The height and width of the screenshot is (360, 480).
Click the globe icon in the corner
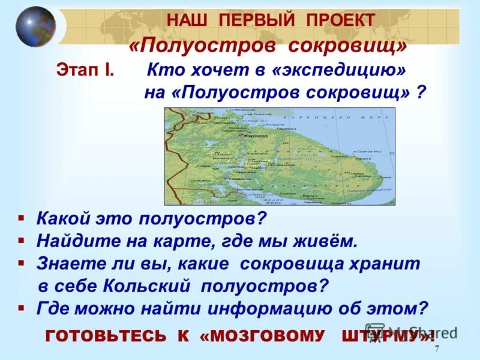click(x=35, y=26)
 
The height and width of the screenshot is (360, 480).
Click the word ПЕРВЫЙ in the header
click(x=252, y=20)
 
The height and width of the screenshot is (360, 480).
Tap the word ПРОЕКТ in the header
click(x=340, y=20)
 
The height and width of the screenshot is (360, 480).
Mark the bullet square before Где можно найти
click(x=20, y=307)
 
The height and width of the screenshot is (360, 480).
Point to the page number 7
click(x=437, y=350)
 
